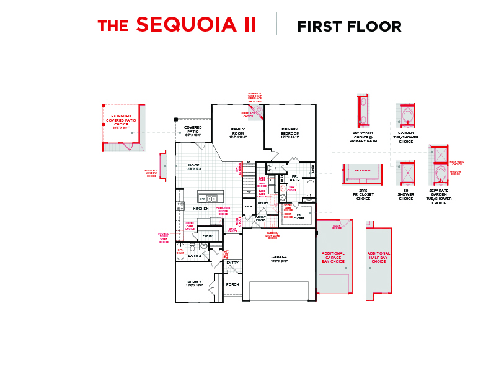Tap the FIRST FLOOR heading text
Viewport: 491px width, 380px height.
349,27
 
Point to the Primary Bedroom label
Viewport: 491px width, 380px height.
290,132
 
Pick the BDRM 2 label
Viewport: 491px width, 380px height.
194,283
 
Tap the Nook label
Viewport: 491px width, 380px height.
193,166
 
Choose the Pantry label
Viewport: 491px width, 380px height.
208,236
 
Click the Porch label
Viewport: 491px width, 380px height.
232,284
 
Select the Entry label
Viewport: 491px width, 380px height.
232,263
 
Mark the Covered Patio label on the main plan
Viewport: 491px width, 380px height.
193,130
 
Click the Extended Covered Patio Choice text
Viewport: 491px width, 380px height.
121,120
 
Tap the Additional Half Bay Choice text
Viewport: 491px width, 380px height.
379,257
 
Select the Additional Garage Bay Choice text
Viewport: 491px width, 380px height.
333,257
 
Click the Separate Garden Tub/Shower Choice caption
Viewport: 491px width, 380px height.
439,197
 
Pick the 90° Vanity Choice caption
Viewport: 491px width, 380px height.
363,137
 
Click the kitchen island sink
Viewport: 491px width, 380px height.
211,199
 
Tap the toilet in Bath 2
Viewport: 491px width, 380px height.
192,247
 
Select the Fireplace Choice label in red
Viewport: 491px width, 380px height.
249,114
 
